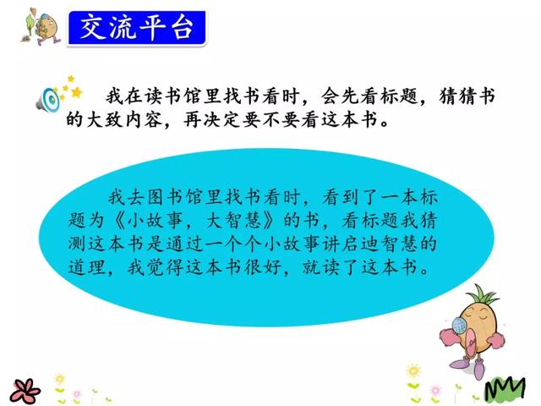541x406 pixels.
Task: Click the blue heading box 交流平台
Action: (x=137, y=28)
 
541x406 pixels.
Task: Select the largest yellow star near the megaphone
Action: (x=77, y=92)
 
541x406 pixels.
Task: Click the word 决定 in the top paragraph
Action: (x=221, y=120)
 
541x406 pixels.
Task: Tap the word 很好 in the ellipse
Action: (x=263, y=267)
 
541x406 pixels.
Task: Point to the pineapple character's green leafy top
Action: (x=481, y=294)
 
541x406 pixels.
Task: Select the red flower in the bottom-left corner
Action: (x=25, y=391)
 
